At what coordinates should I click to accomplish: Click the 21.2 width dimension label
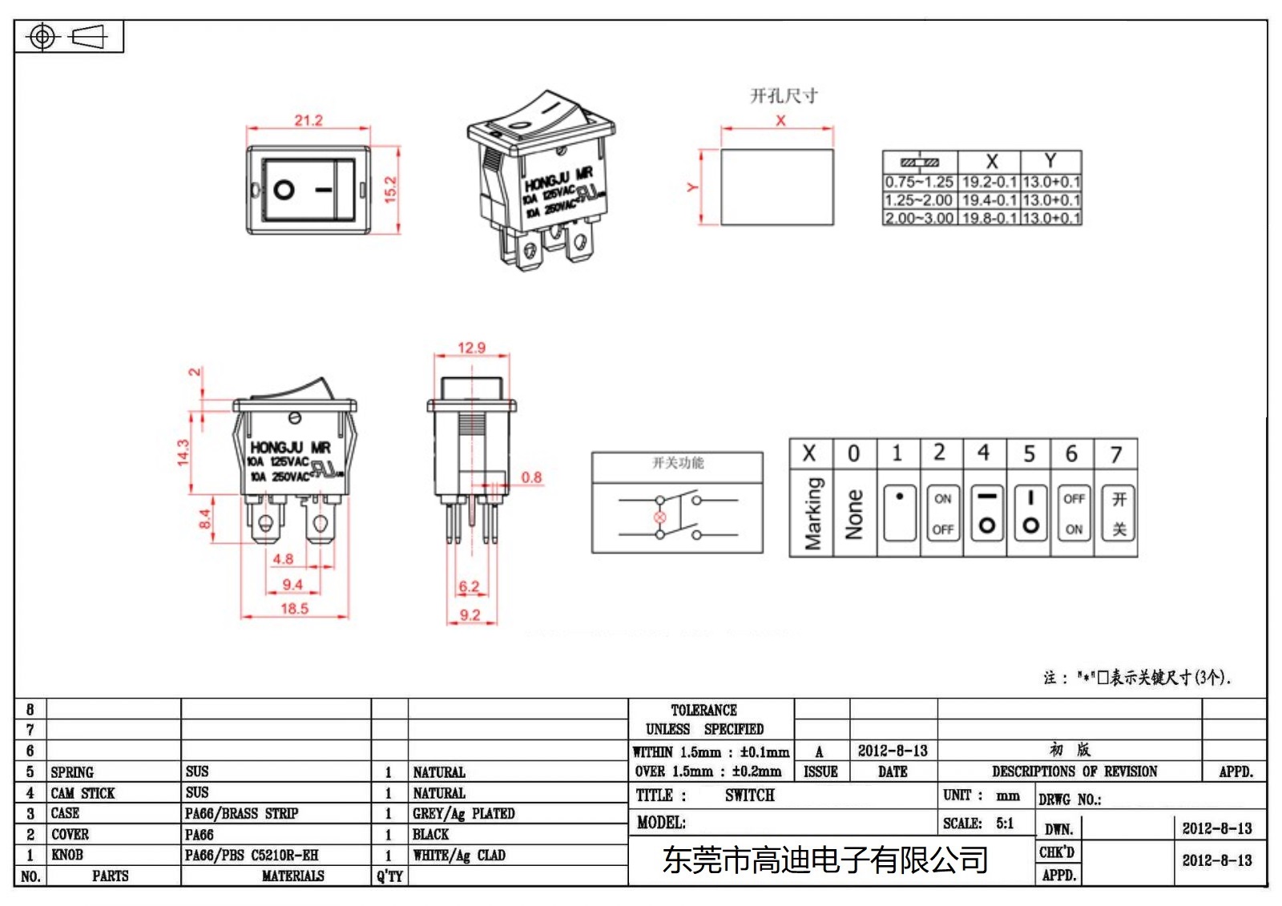pyautogui.click(x=308, y=120)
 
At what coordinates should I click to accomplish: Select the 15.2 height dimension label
pyautogui.click(x=390, y=190)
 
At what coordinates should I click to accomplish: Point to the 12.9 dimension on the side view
pyautogui.click(x=471, y=348)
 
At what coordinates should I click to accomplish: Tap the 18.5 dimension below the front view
pyautogui.click(x=294, y=609)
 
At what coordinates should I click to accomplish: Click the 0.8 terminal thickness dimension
pyautogui.click(x=531, y=477)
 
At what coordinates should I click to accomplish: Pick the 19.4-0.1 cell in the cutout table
pyautogui.click(x=989, y=200)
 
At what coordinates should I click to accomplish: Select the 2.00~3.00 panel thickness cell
pyautogui.click(x=919, y=218)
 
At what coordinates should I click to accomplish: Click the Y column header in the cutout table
pyautogui.click(x=1050, y=161)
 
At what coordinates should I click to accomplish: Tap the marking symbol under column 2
pyautogui.click(x=942, y=513)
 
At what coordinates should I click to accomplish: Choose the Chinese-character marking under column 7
pyautogui.click(x=1119, y=513)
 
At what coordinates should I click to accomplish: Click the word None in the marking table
pyautogui.click(x=854, y=513)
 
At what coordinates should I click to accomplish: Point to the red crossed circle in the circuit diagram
pyautogui.click(x=659, y=517)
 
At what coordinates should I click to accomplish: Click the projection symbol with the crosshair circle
pyautogui.click(x=42, y=37)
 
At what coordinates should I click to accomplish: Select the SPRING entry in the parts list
pyautogui.click(x=72, y=772)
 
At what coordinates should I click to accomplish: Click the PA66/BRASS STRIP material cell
pyautogui.click(x=241, y=814)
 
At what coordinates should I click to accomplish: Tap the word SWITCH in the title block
pyautogui.click(x=749, y=795)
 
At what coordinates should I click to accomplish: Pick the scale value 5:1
pyautogui.click(x=1005, y=823)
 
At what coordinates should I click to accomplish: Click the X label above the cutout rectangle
pyautogui.click(x=780, y=120)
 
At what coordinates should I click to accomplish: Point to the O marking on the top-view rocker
pyautogui.click(x=284, y=190)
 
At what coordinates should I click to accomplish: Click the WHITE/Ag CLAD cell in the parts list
pyautogui.click(x=459, y=856)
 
